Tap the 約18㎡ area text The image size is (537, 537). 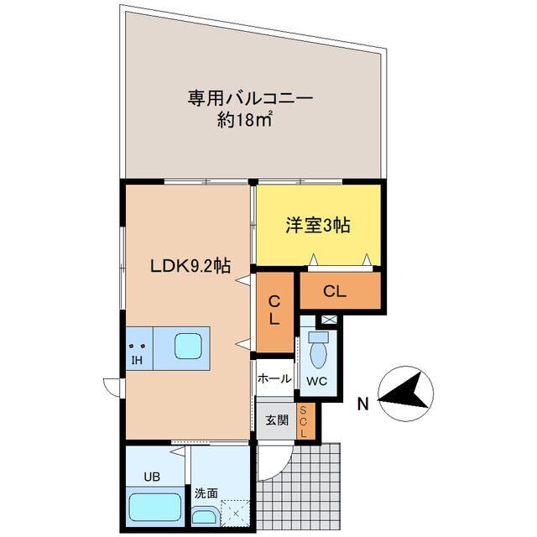tap(245, 121)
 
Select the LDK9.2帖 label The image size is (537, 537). tap(190, 266)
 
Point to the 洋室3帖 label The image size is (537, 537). tap(317, 226)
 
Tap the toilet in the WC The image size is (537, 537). tap(319, 350)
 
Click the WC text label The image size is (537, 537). tap(317, 382)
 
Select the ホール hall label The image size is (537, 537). tap(274, 378)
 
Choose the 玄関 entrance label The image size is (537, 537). tap(276, 419)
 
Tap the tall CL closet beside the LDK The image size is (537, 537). tap(274, 311)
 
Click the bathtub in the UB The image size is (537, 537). tap(156, 508)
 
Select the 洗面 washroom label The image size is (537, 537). tap(205, 495)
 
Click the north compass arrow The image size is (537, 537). tap(405, 396)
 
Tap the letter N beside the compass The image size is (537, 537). tap(362, 404)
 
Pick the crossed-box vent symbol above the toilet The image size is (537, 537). tap(329, 320)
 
